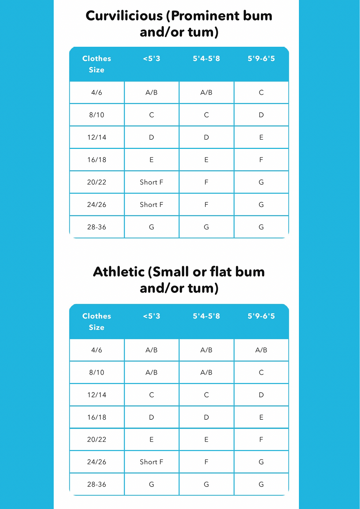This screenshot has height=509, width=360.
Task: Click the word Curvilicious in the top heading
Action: [x=124, y=16]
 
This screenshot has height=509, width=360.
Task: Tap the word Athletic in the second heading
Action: [x=119, y=272]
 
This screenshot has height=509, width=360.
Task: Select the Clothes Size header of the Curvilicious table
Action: [x=97, y=64]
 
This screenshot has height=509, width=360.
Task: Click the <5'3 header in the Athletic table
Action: [x=151, y=316]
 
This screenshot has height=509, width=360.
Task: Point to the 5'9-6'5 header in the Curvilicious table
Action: [x=261, y=58]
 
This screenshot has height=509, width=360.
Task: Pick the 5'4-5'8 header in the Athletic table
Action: [x=206, y=316]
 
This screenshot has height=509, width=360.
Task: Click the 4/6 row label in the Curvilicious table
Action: [x=97, y=93]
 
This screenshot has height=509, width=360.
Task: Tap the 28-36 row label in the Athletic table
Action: [x=97, y=484]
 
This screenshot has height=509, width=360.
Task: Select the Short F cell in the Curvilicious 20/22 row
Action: [x=151, y=182]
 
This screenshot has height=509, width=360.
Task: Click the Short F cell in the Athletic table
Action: [x=151, y=462]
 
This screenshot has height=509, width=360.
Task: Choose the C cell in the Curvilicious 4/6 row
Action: [x=261, y=93]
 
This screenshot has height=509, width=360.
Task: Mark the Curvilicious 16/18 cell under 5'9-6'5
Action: [x=261, y=160]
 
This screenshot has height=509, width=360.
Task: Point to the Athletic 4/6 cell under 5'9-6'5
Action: [x=261, y=350]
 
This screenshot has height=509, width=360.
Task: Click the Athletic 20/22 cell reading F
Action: [x=261, y=439]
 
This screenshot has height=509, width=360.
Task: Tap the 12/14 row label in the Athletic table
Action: [x=97, y=395]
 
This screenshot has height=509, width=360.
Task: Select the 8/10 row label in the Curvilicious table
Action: [x=97, y=115]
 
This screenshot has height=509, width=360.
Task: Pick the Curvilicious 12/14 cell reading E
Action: [x=261, y=137]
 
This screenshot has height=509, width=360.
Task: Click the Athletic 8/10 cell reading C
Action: [x=261, y=372]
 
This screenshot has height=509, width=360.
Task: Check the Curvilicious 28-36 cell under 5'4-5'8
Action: [x=206, y=227]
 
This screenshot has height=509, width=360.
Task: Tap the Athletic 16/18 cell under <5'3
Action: [x=151, y=417]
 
